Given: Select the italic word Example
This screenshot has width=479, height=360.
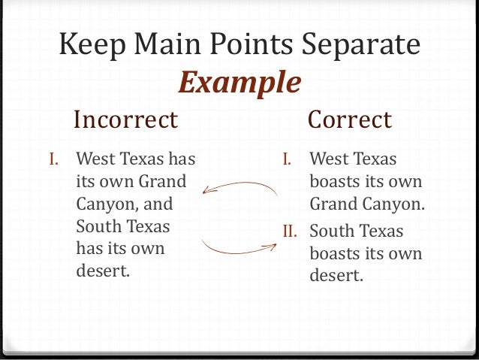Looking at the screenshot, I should [239, 83].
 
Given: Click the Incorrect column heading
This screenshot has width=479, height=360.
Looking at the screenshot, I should [125, 119].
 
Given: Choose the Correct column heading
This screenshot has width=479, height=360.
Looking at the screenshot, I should [350, 119].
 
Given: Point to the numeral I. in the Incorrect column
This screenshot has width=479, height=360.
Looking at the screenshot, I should [53, 159].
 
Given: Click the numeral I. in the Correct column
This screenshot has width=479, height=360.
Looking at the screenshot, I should [287, 159].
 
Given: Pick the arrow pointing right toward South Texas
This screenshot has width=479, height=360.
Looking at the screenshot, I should [239, 247].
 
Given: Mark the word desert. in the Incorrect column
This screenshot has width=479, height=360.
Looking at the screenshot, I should [104, 270].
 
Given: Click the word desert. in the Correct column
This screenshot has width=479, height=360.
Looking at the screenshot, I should [336, 275].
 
